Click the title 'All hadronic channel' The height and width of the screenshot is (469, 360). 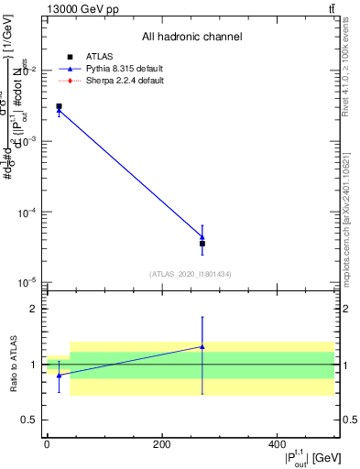[x=191, y=38]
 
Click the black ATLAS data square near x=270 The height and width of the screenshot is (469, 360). [x=202, y=244]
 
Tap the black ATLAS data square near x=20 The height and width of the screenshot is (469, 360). [x=59, y=107]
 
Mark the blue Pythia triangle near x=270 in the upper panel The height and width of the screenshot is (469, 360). [x=202, y=237]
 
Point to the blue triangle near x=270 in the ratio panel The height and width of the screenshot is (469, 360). [x=202, y=347]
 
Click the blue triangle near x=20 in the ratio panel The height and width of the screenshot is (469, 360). [x=59, y=376]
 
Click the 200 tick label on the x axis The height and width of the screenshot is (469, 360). [x=161, y=445]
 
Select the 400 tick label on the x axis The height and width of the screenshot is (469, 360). [x=277, y=445]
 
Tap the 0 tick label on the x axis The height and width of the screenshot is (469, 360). [x=47, y=445]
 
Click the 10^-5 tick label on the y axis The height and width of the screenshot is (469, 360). [x=27, y=281]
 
